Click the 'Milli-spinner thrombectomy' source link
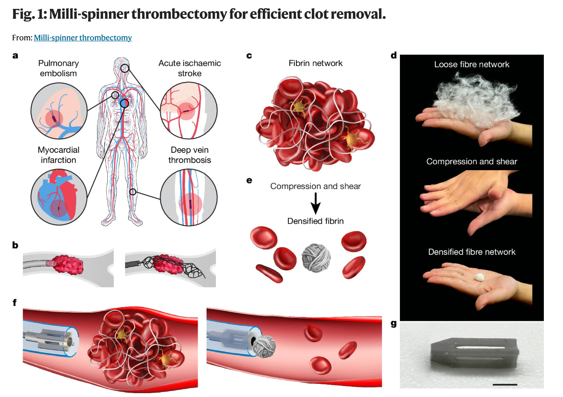click(83, 37)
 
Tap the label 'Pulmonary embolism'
click(58, 68)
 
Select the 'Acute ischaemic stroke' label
click(190, 68)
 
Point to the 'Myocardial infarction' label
click(58, 155)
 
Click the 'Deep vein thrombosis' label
click(190, 155)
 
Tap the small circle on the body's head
click(124, 68)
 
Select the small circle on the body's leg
click(133, 192)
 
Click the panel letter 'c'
click(249, 56)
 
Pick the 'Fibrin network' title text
click(315, 63)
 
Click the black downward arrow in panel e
click(316, 203)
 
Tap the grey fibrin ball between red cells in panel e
click(316, 257)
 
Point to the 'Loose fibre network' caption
click(471, 64)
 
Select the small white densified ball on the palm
click(480, 277)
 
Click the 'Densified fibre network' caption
click(471, 252)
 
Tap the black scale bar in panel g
click(505, 385)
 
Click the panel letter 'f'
click(15, 303)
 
